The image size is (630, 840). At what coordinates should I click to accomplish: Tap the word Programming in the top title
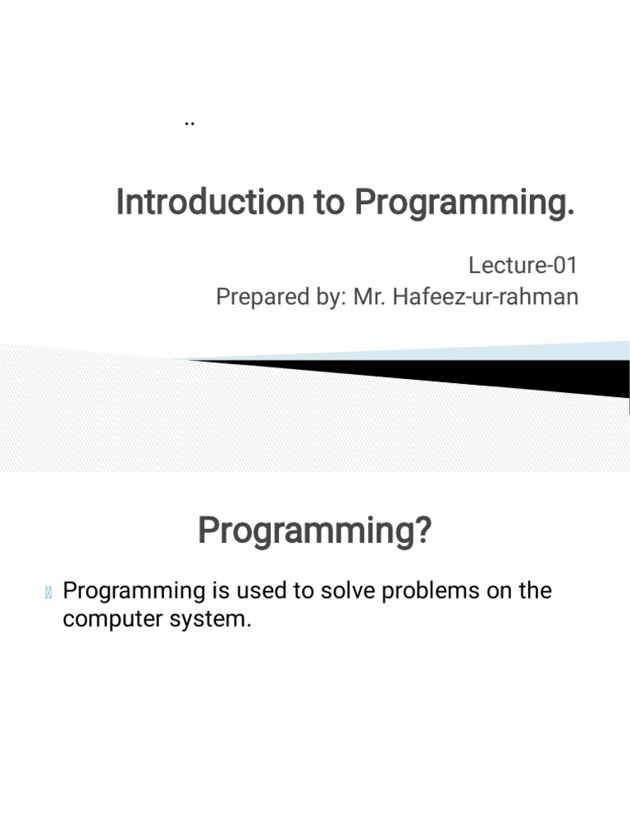tap(464, 202)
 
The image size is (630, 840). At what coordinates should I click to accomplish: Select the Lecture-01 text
tap(523, 265)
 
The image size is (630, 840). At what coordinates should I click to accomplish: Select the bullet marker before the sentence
tap(48, 592)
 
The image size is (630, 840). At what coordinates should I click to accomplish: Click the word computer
tap(111, 619)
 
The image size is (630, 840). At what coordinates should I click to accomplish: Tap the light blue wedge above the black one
tap(533, 351)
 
